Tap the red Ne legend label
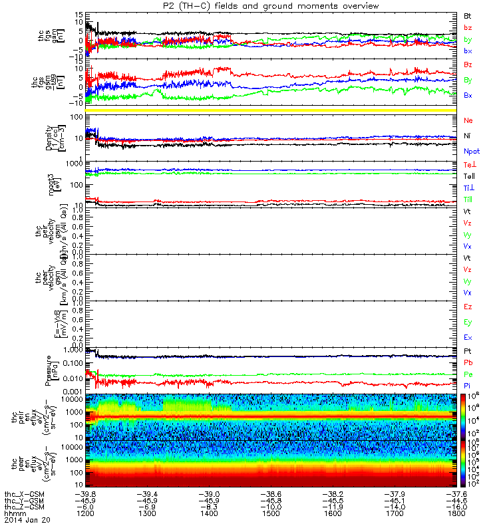click(468, 120)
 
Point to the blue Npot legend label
click(470, 152)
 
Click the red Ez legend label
click(468, 307)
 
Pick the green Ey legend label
click(468, 322)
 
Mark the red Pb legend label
click(468, 362)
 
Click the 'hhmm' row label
click(13, 514)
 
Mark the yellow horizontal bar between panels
click(272, 109)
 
